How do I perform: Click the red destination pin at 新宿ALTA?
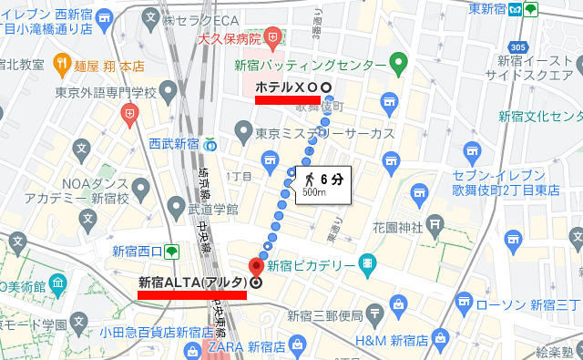tap(256, 266)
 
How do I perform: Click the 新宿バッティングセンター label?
tap(310, 66)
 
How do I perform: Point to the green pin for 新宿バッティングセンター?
tap(396, 64)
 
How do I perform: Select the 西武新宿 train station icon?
tap(210, 143)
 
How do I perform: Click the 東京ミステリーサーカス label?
tap(324, 133)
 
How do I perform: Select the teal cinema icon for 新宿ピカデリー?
tap(366, 263)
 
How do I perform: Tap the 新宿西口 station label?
tap(137, 252)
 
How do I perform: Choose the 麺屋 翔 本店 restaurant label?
tap(112, 66)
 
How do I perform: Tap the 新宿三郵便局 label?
tap(325, 316)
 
